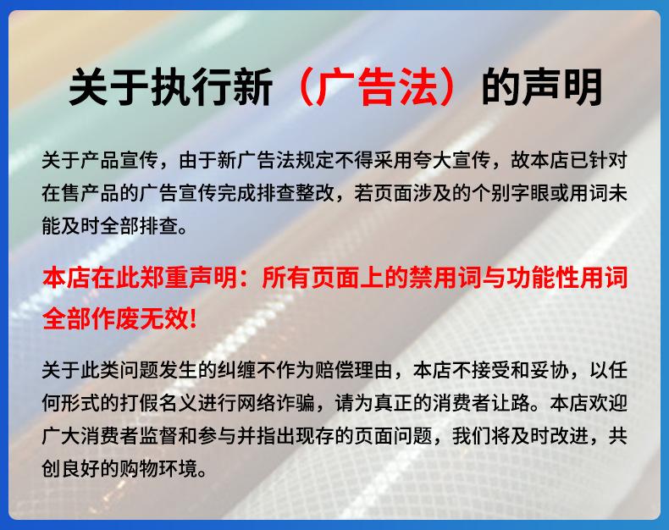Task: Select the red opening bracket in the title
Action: [304, 86]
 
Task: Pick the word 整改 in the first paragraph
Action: [305, 193]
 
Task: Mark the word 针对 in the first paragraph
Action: [608, 161]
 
